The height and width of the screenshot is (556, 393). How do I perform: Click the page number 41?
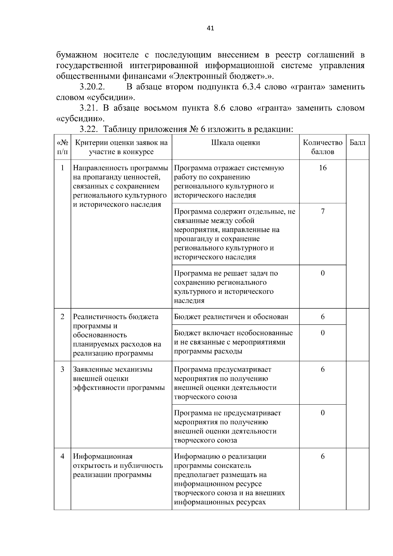(210, 28)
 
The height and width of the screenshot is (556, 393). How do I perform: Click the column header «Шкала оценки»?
(235, 143)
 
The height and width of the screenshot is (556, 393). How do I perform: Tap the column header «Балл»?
(357, 143)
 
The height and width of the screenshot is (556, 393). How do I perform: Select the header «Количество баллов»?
(323, 147)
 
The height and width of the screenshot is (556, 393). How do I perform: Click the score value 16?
(323, 168)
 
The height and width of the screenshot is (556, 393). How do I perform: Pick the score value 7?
(323, 211)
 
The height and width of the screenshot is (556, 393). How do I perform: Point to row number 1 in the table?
(62, 168)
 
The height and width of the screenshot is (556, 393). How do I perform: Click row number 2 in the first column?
(62, 317)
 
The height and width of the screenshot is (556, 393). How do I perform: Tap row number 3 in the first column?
(62, 370)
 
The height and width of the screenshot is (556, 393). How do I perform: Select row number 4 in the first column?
(62, 456)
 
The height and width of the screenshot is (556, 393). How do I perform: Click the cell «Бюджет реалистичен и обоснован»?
(231, 317)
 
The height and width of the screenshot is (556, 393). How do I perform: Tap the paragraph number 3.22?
(89, 129)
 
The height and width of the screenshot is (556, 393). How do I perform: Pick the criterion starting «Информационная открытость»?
(118, 466)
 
